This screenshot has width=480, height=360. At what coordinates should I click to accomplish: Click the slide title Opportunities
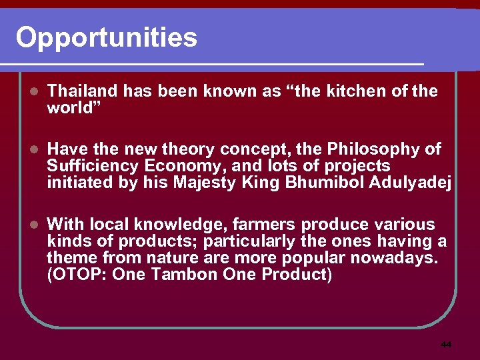[107, 37]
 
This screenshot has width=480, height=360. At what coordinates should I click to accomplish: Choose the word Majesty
[204, 183]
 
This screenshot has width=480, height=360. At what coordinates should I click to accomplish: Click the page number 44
[446, 345]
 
